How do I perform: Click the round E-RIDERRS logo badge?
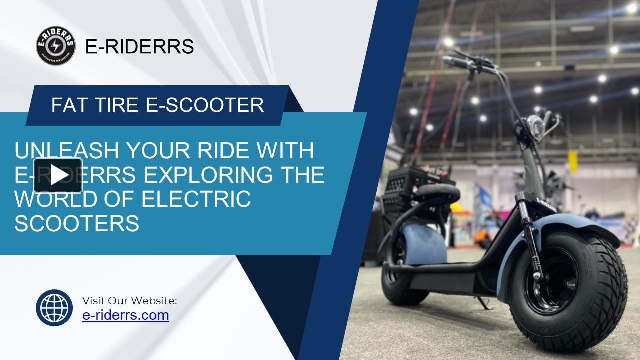pos(56,46)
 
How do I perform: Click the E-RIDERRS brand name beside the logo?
pos(140,46)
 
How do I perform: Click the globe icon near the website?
pos(54,308)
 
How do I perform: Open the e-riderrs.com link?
pos(125,315)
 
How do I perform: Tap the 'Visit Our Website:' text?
pos(129,300)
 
